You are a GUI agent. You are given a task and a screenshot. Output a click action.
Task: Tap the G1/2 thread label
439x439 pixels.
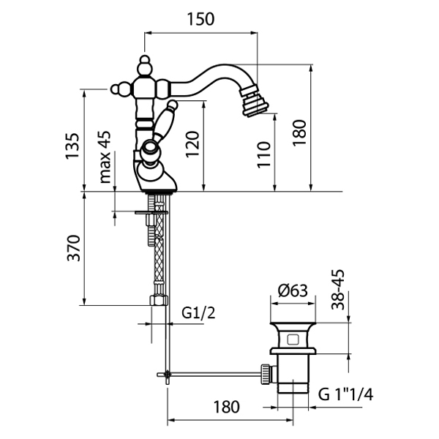[x=197, y=313]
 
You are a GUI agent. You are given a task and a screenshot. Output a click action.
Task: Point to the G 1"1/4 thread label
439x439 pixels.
[x=345, y=396]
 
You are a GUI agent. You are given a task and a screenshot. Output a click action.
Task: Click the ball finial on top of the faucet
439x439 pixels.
[x=145, y=63]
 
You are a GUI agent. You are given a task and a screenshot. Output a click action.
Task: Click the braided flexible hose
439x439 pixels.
[x=157, y=256]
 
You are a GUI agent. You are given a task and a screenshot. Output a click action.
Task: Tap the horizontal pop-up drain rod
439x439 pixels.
[x=212, y=376]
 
